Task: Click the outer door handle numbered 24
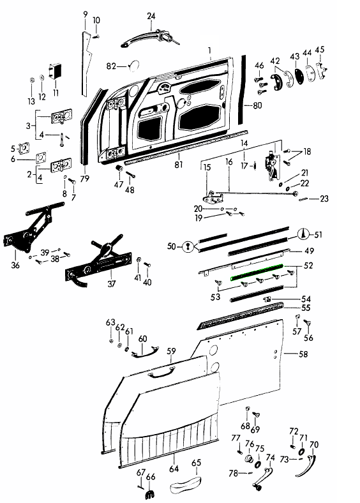click(x=149, y=37)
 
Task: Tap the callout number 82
click(x=111, y=66)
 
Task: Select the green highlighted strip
click(x=257, y=272)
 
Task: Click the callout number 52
click(x=308, y=266)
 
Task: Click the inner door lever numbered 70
click(x=306, y=466)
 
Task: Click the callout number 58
click(x=303, y=354)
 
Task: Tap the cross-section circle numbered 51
click(x=303, y=234)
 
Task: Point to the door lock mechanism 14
click(x=271, y=166)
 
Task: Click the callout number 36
click(x=15, y=265)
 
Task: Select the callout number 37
click(x=111, y=283)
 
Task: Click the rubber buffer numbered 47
click(x=119, y=169)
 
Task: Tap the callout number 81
click(x=178, y=164)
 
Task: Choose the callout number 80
click(x=257, y=105)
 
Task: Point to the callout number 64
click(x=174, y=469)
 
